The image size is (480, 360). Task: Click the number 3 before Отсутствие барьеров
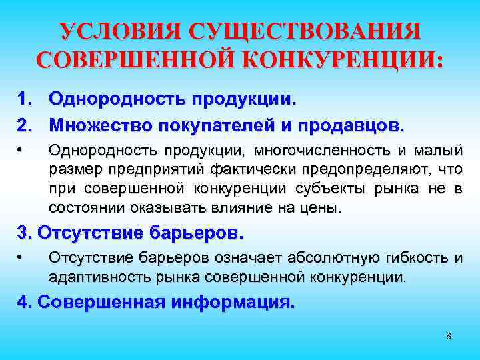tap(24, 233)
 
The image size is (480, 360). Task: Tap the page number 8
tap(448, 335)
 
